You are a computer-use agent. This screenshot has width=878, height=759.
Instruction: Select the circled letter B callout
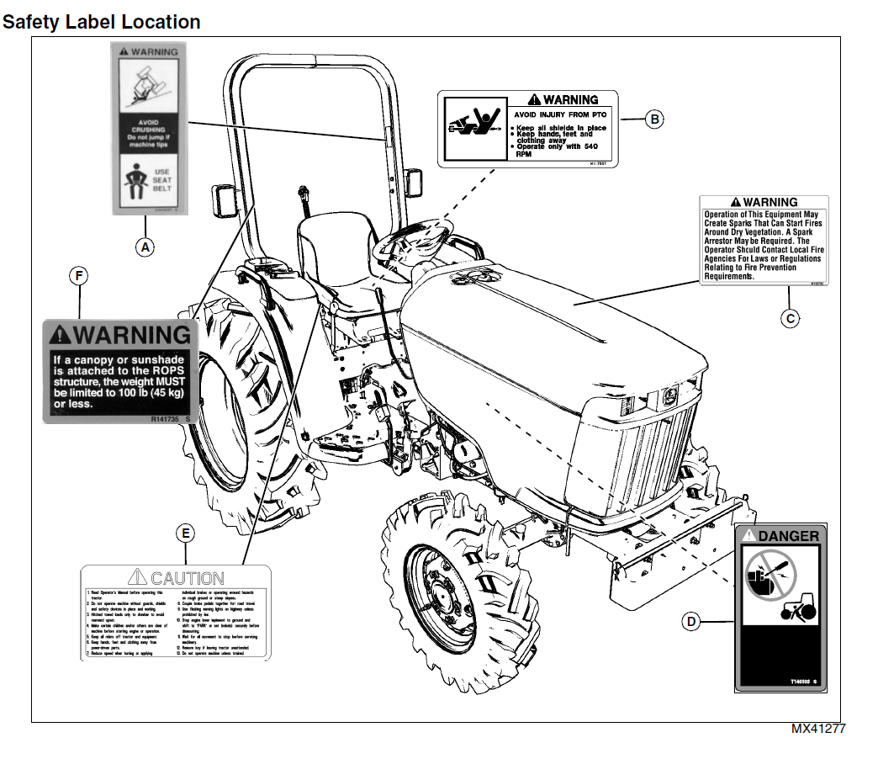(654, 119)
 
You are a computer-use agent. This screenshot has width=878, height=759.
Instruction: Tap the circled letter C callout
(790, 318)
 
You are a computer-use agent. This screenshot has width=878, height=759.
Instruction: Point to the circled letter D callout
(690, 622)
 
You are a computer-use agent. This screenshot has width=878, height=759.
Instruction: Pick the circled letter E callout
(186, 533)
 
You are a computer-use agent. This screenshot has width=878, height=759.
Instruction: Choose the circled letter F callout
(79, 275)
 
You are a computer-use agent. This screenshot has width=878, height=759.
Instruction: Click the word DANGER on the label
(788, 536)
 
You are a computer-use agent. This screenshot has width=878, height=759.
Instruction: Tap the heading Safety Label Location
(101, 22)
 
